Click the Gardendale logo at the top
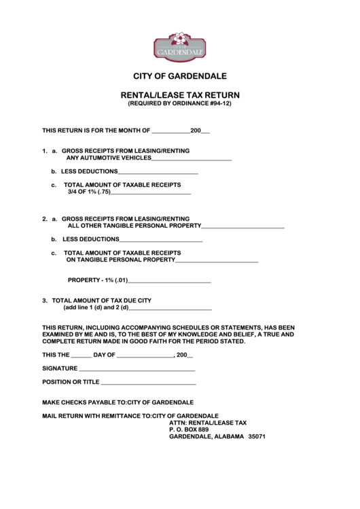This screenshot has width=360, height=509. [179, 46]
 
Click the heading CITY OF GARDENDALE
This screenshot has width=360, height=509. [180, 76]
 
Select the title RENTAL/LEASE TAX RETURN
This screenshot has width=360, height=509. [180, 95]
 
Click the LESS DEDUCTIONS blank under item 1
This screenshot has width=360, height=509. [158, 173]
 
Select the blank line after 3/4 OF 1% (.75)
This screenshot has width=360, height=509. [151, 192]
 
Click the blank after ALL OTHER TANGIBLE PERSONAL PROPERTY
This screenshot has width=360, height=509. [242, 226]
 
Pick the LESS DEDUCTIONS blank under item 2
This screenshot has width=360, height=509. [161, 240]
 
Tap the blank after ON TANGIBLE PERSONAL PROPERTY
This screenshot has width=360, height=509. [217, 260]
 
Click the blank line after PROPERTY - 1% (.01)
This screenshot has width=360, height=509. [169, 281]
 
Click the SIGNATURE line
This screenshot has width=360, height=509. [137, 369]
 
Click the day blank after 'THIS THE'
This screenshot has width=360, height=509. [82, 355]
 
